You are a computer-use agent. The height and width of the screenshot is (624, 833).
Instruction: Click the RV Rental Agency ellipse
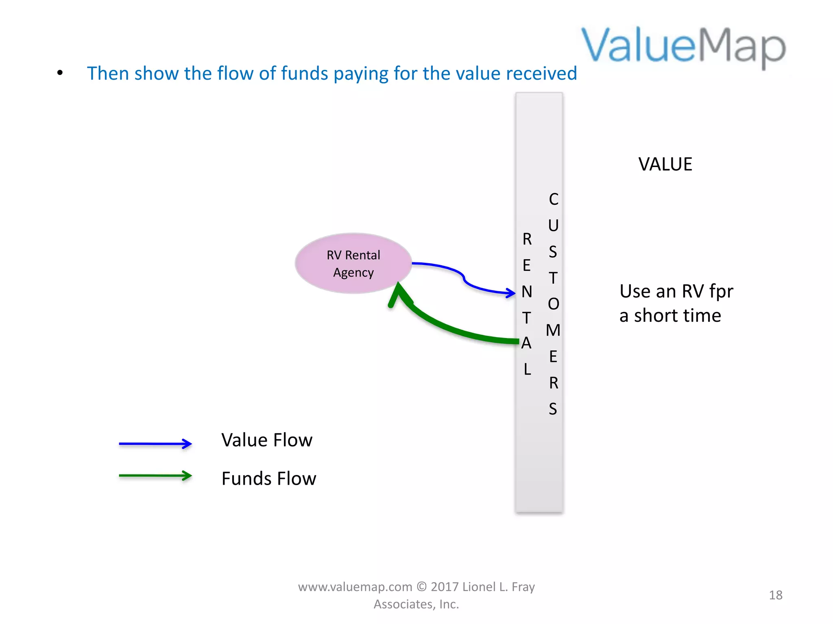pos(353,263)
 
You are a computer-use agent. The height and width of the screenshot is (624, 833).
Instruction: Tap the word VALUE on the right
pos(665,164)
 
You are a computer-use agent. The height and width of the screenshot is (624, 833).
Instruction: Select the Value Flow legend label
pos(267,440)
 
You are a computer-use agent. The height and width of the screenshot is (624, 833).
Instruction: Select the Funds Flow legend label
pos(268,479)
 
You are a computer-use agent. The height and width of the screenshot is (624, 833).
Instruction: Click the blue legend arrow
pos(155,444)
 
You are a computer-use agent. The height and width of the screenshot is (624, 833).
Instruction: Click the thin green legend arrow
pos(155,475)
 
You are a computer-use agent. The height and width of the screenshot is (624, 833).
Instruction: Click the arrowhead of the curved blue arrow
pos(511,292)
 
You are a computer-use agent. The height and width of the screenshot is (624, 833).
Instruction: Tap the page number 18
pos(775,595)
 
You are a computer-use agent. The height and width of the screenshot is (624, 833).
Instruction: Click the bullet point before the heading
pos(60,73)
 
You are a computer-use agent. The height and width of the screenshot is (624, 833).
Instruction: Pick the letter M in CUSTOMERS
pos(553,330)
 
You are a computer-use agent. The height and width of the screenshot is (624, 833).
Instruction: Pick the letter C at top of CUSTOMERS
pos(553,199)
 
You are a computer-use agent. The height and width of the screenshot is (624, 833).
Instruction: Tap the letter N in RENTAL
pos(527,292)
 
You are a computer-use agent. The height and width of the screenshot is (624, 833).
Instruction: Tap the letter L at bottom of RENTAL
pos(527,369)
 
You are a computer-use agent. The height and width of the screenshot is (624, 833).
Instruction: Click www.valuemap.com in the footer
pos(355,587)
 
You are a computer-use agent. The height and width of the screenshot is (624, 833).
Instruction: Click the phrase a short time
pos(670,316)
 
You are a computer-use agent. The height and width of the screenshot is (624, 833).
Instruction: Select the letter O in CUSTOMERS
pos(553,304)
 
